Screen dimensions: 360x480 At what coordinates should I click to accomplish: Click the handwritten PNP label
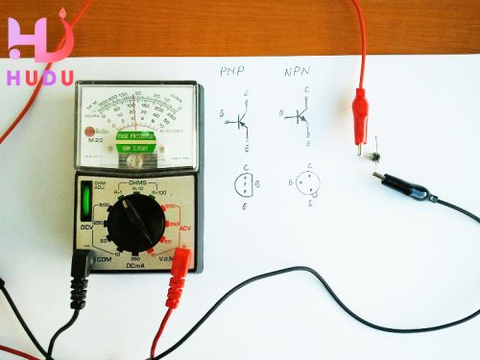(232, 72)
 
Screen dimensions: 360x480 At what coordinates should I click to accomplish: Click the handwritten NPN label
(296, 72)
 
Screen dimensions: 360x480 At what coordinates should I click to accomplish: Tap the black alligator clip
(397, 184)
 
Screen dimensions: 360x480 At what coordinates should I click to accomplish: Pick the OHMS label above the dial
(135, 181)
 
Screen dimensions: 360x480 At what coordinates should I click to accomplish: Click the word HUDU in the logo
(39, 78)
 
